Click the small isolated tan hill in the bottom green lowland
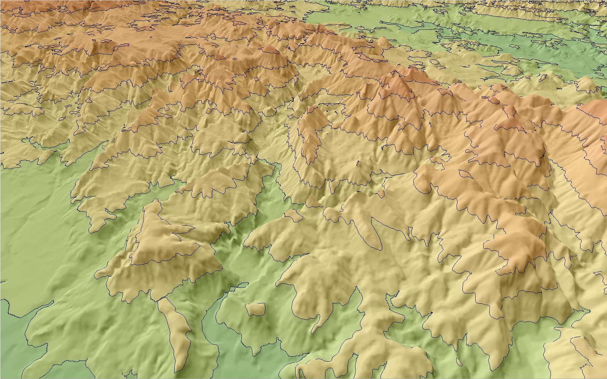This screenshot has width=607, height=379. [x=255, y=309]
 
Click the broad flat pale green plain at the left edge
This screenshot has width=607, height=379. [x=28, y=209]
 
